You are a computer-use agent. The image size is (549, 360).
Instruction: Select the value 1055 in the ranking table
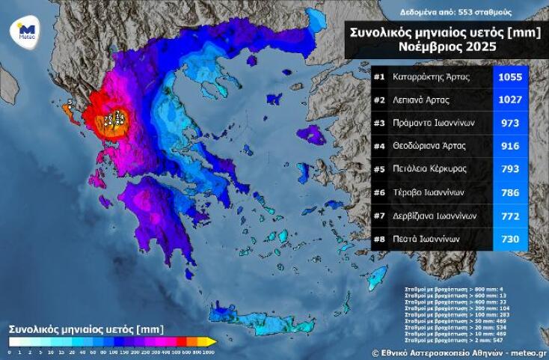pos(511,76)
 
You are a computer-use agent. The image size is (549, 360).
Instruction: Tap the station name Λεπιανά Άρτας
pos(424,100)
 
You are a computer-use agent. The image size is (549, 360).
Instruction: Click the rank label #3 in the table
pos(380,123)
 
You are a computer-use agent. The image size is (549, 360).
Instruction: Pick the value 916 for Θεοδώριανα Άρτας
pos(511,146)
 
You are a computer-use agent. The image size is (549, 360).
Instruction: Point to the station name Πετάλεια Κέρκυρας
pos(429,169)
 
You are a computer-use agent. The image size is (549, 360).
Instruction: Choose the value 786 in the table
pos(511,192)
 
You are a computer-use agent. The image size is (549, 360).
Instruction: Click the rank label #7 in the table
pos(380,216)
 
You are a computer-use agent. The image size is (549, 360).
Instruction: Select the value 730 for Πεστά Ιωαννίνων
pos(511,239)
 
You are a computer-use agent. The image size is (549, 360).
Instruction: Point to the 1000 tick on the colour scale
pos(207,351)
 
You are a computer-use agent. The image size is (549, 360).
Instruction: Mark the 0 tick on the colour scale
pos(9,351)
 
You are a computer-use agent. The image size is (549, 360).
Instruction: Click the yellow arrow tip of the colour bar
pos(213,342)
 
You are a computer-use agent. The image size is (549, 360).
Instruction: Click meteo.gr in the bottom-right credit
pos(529,352)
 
